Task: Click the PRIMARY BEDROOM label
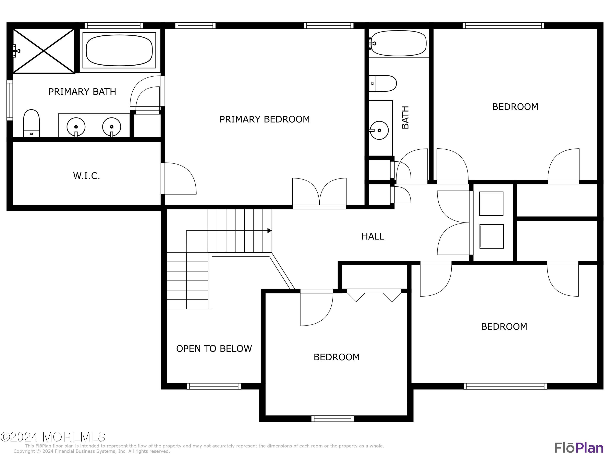265,119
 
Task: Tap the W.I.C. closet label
87,176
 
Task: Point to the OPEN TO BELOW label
214,348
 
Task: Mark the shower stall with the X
44,51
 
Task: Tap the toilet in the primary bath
32,123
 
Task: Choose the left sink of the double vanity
76,127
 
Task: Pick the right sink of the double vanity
111,127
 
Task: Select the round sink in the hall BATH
379,130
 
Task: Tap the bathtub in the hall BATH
399,43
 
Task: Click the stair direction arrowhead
269,230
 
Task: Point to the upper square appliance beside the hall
491,204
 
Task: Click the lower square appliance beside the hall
491,236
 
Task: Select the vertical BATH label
405,117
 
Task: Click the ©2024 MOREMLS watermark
53,437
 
